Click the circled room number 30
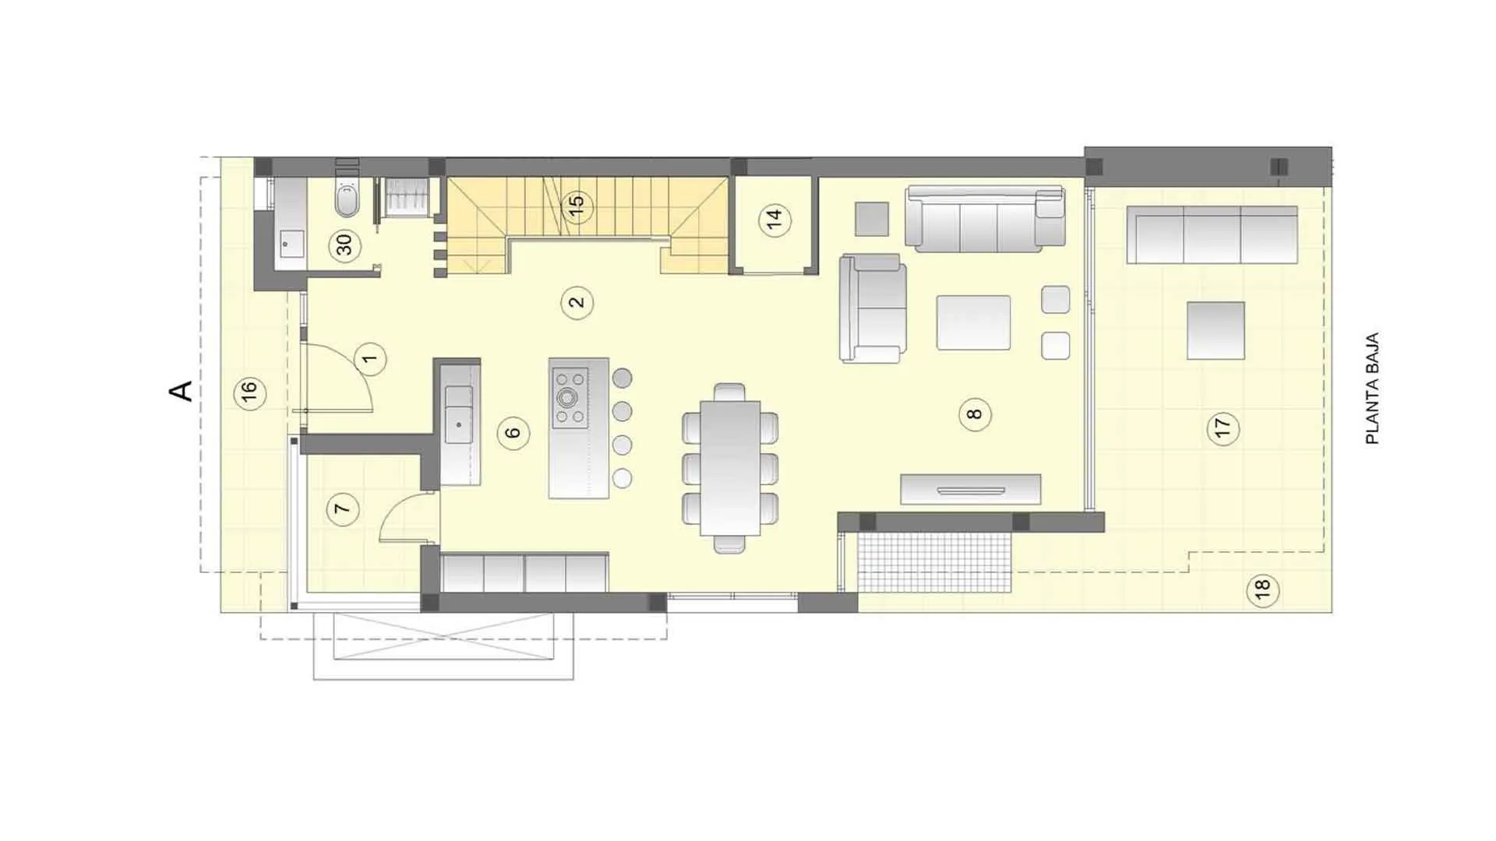(344, 245)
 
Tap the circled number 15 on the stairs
(577, 206)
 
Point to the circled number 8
(975, 414)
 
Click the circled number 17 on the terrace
(1223, 428)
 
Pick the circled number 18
(1262, 589)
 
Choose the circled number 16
(249, 392)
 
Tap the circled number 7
(342, 510)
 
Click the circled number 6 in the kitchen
(513, 433)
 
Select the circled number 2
(577, 302)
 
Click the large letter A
(181, 391)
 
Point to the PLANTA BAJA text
(1373, 389)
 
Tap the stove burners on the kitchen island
(570, 398)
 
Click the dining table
(729, 468)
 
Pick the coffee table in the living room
(973, 322)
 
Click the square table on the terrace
(1215, 330)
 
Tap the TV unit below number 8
(970, 490)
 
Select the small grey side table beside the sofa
(872, 219)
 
